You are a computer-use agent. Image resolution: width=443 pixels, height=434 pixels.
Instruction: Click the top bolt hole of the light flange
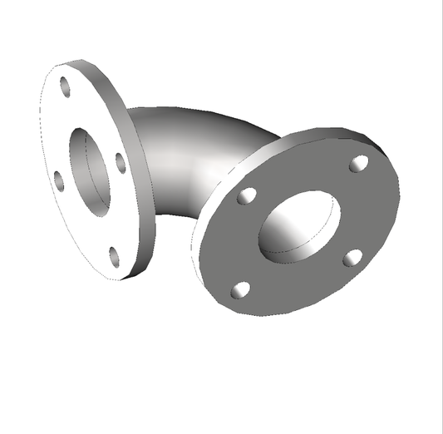[65, 83]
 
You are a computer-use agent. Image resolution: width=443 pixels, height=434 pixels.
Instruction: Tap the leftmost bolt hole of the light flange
[59, 179]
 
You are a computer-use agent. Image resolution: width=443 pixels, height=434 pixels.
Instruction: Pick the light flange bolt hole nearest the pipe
[121, 163]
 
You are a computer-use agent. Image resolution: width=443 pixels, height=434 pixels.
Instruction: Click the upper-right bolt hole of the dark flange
[359, 164]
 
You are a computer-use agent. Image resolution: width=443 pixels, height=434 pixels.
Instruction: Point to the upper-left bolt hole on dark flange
[247, 196]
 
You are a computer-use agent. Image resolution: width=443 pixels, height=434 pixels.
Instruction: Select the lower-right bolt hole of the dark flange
[352, 257]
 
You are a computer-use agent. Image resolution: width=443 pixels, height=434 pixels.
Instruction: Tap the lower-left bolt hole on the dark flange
[240, 289]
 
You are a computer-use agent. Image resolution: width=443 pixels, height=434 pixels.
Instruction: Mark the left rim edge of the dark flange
[196, 249]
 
